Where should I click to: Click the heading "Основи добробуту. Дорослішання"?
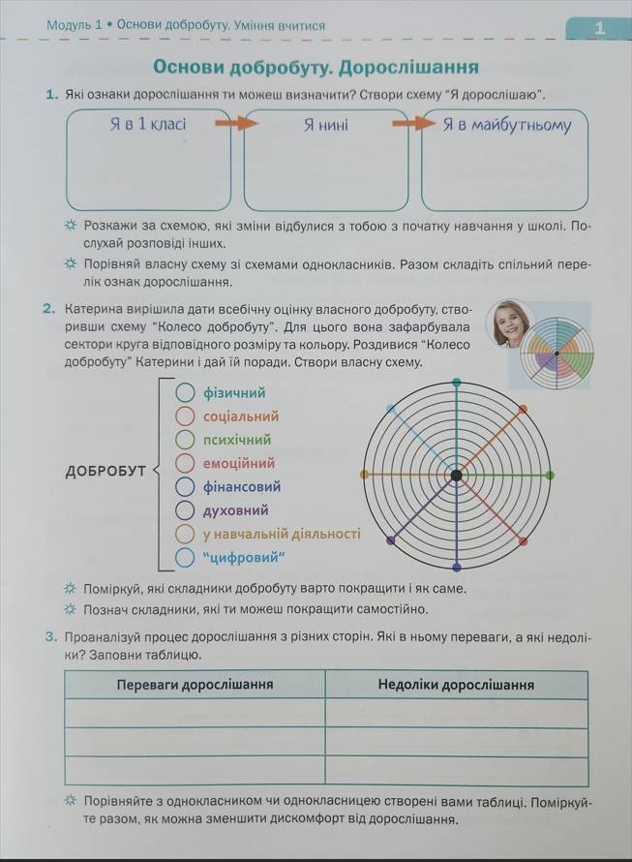coord(316,67)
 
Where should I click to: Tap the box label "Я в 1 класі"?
coord(147,124)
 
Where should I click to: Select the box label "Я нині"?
coord(325,125)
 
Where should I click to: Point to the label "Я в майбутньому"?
coord(507,125)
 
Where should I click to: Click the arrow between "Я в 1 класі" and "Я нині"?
coord(235,124)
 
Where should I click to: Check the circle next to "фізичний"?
coord(186,392)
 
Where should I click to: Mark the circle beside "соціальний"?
coord(186,416)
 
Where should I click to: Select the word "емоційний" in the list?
coord(239,463)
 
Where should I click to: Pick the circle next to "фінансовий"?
coord(186,486)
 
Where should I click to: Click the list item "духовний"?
coord(235,509)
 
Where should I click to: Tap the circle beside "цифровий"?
coord(186,557)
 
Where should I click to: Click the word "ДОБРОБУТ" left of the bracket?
coord(105,472)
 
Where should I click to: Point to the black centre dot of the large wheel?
coord(456,475)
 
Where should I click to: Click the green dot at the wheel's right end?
coord(550,475)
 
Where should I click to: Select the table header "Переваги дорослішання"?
coord(195,685)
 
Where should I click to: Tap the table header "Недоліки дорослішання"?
coord(456,685)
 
